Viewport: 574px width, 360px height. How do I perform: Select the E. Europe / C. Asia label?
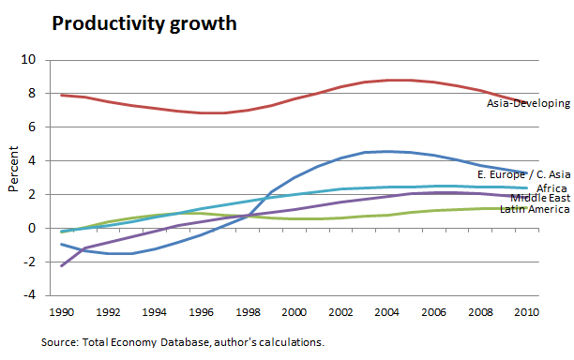pyautogui.click(x=523, y=174)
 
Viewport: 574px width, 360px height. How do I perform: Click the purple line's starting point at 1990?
pyautogui.click(x=63, y=266)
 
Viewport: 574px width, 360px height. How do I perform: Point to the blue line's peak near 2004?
pyautogui.click(x=387, y=151)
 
